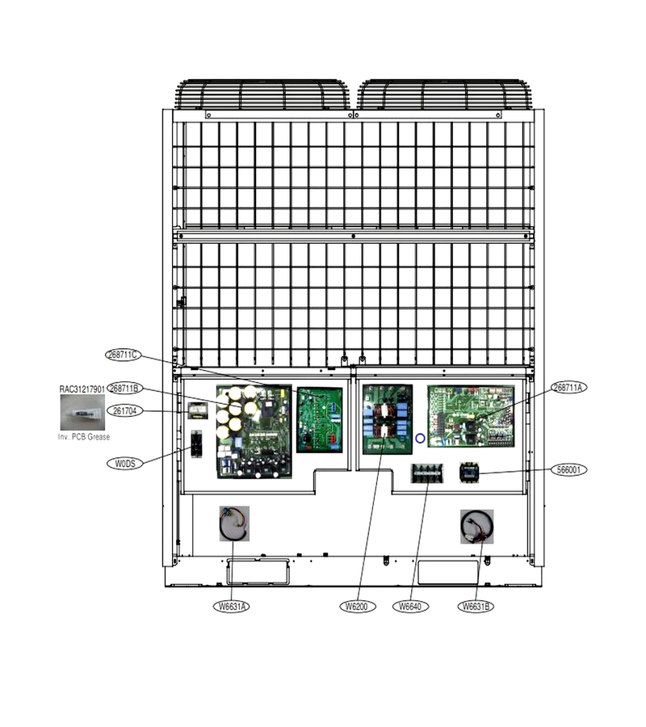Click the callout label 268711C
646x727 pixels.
(124, 355)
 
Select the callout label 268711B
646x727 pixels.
(124, 389)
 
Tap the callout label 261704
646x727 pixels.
(124, 411)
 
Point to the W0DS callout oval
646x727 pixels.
(124, 463)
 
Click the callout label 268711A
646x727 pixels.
(568, 388)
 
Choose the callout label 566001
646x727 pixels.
(568, 469)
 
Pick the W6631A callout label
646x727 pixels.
(231, 607)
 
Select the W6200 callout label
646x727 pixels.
(358, 607)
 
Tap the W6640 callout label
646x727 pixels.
(410, 607)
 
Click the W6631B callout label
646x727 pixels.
(476, 607)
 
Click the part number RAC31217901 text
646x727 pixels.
(82, 389)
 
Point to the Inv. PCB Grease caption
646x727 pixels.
(84, 437)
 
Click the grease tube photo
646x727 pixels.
(82, 412)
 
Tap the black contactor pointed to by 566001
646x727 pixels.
(468, 473)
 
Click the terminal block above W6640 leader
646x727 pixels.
(427, 473)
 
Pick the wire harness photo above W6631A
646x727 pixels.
(234, 523)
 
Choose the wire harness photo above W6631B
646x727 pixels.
(477, 527)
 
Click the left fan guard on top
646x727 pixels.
(262, 95)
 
